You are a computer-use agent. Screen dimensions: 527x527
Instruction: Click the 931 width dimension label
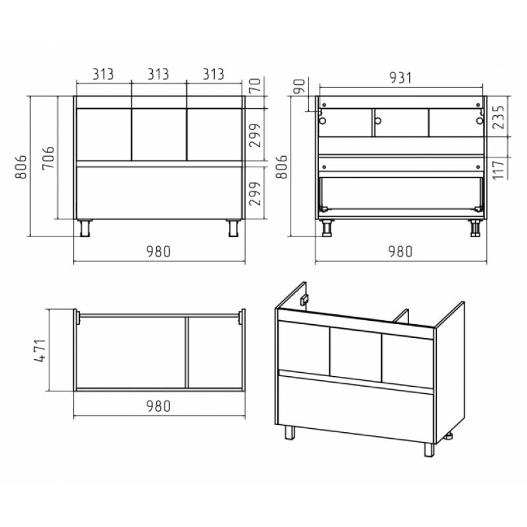(401, 78)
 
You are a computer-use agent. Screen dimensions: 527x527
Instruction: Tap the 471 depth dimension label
(40, 350)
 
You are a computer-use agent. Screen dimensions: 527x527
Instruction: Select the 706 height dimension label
(48, 157)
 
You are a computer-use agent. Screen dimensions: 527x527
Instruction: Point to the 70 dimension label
(255, 85)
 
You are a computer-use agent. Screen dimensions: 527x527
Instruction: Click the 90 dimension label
(299, 86)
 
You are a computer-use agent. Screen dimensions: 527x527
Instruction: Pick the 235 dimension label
(499, 117)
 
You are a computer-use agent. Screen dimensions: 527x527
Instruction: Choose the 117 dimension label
(499, 170)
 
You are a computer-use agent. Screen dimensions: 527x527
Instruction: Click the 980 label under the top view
(158, 406)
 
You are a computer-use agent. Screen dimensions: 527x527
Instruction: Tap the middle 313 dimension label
(158, 74)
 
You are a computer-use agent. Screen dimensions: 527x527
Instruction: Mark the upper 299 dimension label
(255, 135)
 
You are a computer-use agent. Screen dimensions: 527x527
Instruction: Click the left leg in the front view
(85, 228)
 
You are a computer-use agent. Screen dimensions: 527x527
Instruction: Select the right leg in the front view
(233, 228)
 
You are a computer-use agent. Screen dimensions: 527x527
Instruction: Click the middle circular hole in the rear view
(377, 121)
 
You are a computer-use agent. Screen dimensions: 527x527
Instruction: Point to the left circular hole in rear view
(322, 121)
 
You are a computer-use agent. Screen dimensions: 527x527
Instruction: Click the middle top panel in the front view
(159, 134)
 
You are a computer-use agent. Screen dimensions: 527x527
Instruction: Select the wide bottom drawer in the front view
(159, 192)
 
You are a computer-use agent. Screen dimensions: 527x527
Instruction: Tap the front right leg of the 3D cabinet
(430, 450)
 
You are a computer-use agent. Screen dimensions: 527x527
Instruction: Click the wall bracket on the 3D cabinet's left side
(304, 299)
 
